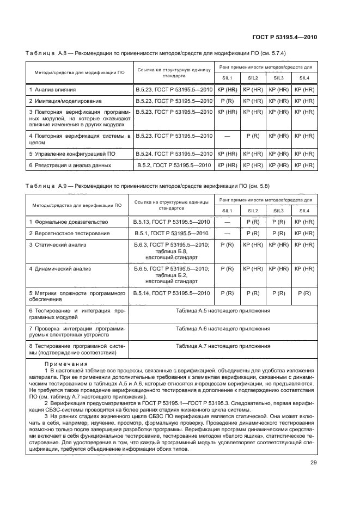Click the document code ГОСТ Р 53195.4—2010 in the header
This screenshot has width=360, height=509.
(x=285, y=37)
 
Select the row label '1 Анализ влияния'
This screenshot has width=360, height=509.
(x=52, y=89)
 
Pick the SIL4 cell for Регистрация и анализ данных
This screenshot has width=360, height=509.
(x=304, y=165)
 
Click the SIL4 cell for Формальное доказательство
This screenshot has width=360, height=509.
(x=304, y=222)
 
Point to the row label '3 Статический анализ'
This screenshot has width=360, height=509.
(x=57, y=245)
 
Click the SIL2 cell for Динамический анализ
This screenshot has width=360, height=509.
(x=253, y=268)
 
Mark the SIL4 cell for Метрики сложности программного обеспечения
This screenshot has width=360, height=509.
(x=304, y=293)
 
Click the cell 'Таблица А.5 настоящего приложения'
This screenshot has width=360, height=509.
(x=223, y=310)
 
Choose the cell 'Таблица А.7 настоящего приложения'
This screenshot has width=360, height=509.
(x=223, y=346)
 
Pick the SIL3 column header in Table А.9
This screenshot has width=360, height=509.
(x=278, y=210)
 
